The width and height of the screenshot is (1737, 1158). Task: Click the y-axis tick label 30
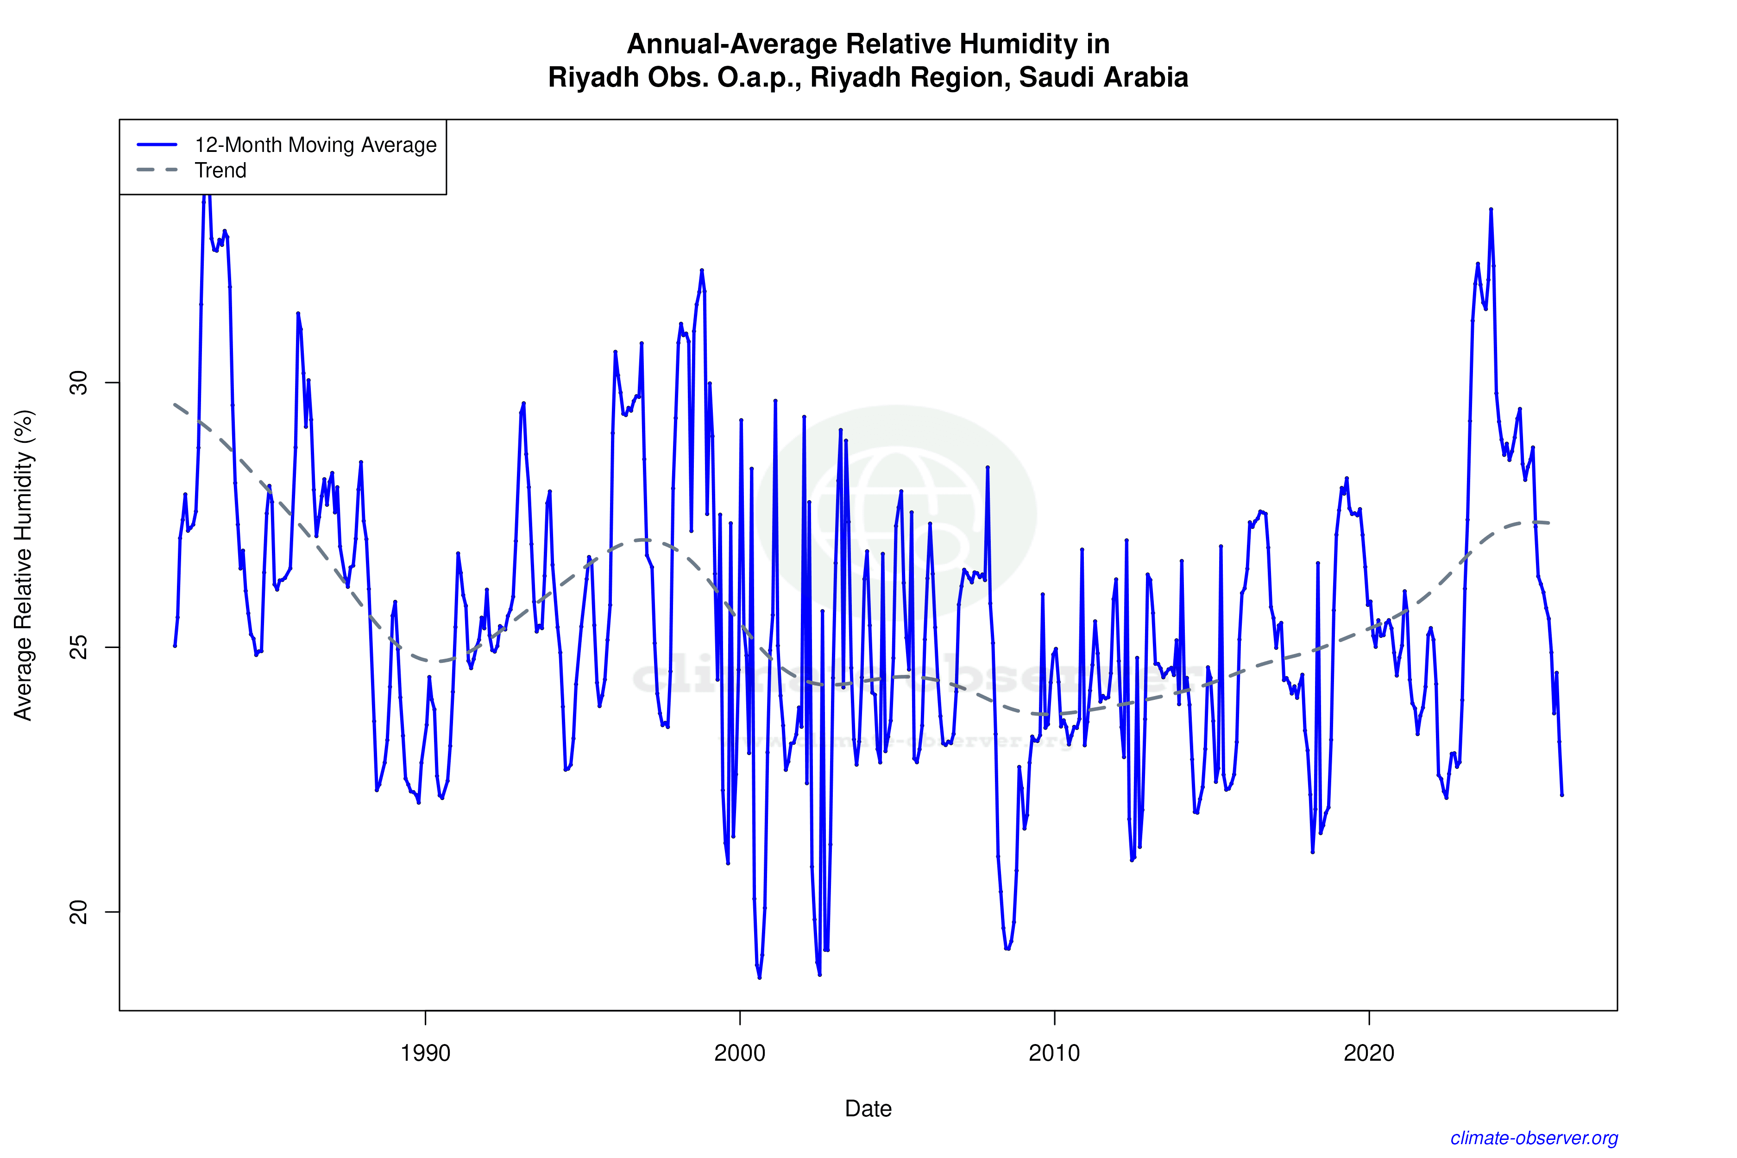(x=78, y=383)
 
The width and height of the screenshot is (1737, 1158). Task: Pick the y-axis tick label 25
(x=78, y=647)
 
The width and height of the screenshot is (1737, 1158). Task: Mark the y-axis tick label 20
(x=78, y=911)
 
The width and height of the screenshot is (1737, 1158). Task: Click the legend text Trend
(x=220, y=170)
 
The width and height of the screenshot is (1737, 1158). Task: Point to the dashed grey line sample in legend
(x=157, y=170)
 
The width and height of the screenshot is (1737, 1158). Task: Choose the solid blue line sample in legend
(x=157, y=145)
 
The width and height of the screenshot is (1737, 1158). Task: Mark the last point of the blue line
(x=1561, y=795)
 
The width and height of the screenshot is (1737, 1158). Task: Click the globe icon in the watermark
(x=896, y=510)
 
